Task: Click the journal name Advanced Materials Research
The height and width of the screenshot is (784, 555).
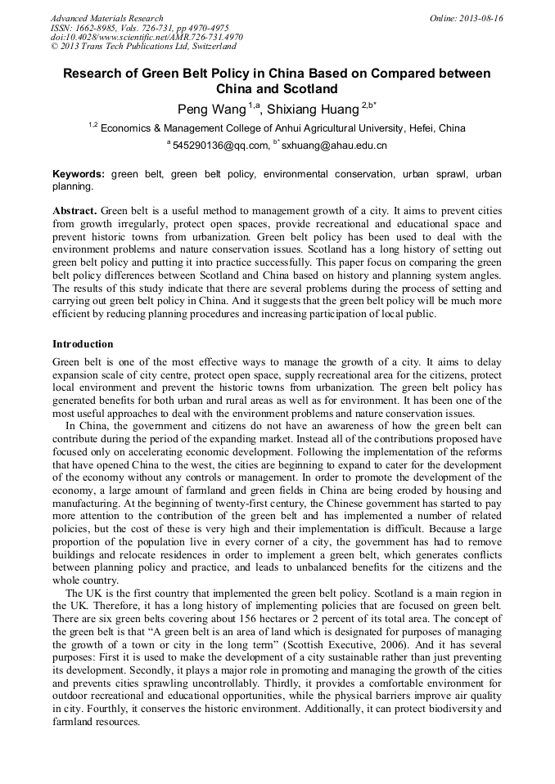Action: [x=106, y=18]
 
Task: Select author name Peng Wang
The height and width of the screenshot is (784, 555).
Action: [x=211, y=109]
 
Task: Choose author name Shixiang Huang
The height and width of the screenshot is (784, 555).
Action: [x=314, y=109]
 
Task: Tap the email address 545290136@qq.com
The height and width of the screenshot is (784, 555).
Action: [x=220, y=146]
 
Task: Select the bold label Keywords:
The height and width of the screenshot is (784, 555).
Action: [x=79, y=174]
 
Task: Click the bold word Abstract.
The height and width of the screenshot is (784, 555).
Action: [x=74, y=210]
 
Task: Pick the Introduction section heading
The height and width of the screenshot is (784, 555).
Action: [x=83, y=344]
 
